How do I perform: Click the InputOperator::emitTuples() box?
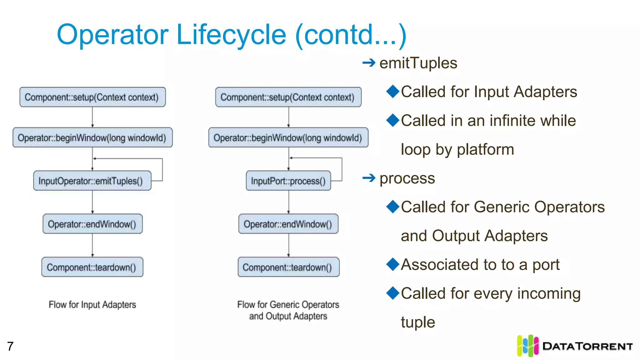click(x=92, y=181)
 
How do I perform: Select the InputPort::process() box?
click(x=288, y=181)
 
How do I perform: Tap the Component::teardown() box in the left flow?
click(x=92, y=267)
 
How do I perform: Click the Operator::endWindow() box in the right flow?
click(x=288, y=224)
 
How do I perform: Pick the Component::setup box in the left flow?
click(x=92, y=97)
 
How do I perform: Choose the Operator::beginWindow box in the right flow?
click(x=288, y=137)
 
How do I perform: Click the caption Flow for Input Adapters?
click(x=92, y=304)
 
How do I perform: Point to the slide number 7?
click(x=10, y=346)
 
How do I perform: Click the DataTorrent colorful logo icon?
click(x=527, y=346)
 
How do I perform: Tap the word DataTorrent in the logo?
click(x=587, y=346)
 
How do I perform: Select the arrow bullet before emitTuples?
click(x=369, y=63)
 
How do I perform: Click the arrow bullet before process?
click(x=369, y=178)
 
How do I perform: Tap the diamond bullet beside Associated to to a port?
click(x=393, y=264)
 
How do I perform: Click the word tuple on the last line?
click(x=418, y=322)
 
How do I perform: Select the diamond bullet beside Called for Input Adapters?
click(x=393, y=91)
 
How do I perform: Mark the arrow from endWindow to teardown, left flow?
click(x=92, y=245)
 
